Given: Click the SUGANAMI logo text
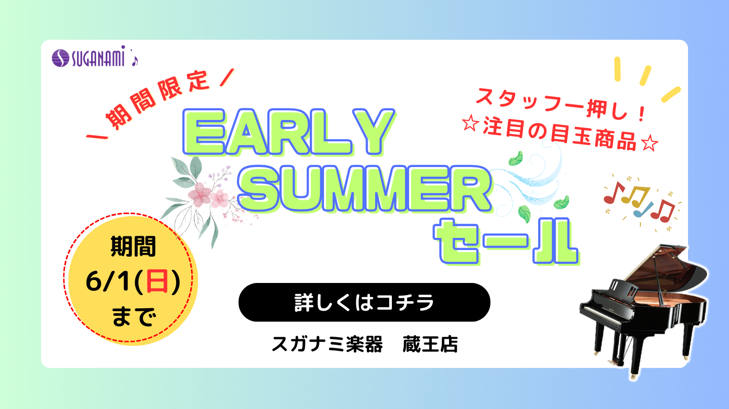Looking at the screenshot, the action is [98, 58].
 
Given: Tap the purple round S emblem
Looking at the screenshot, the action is [61, 58].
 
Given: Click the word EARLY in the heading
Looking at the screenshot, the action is [289, 132].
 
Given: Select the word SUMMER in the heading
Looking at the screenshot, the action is [364, 189].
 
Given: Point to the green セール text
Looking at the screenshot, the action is [506, 241].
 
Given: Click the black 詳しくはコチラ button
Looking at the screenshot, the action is [364, 302].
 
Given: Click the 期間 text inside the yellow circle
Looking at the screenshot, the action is [133, 246].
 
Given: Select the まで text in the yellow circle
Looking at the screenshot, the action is [133, 316].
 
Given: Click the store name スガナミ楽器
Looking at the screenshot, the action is [327, 344].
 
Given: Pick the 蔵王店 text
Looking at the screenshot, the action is [430, 344].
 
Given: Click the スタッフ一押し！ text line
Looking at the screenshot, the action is [560, 104].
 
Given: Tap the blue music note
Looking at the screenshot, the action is [642, 210].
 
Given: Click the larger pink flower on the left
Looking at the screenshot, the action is [199, 194].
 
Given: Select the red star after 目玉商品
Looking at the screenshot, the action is [650, 143].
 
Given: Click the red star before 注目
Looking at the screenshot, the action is [471, 124].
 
